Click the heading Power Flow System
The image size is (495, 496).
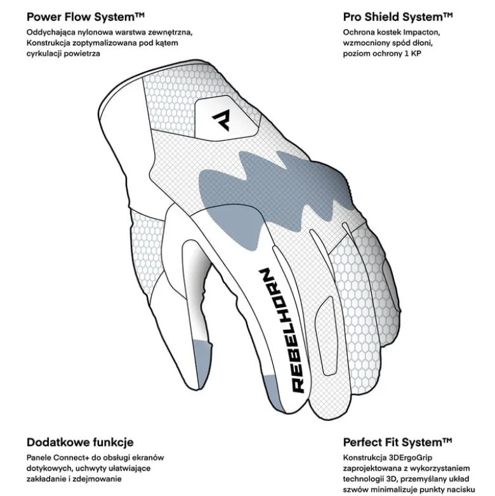(85, 17)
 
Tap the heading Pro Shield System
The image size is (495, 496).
(398, 17)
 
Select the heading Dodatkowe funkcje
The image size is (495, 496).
(80, 442)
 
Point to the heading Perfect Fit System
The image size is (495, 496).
(397, 442)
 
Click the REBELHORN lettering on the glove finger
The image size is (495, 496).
(282, 331)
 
